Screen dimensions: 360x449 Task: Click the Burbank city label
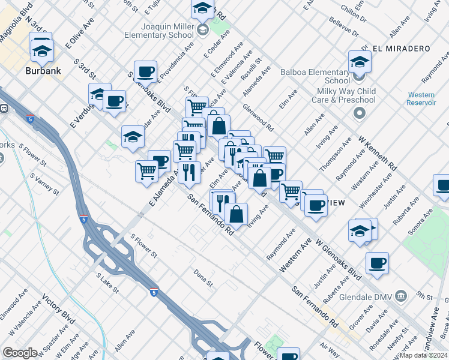coord(41,71)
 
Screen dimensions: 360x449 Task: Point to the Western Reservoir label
coord(421,99)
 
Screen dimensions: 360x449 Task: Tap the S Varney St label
coord(44,184)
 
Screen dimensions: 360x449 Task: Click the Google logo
coord(20,353)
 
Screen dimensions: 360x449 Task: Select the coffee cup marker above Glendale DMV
coord(377,262)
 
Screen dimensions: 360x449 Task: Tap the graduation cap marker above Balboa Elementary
coord(360,61)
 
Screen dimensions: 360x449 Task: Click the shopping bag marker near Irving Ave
coord(237,213)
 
